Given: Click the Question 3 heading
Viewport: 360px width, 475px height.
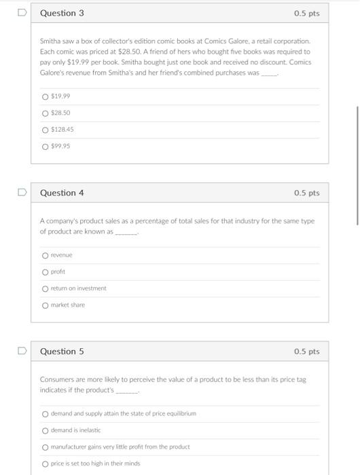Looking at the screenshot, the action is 62,13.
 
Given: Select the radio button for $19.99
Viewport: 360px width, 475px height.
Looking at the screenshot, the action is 46,96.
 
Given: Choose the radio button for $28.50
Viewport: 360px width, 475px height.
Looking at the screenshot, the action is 46,113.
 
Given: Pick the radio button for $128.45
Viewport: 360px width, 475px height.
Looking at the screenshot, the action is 46,130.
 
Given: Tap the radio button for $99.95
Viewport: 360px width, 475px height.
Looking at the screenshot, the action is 46,147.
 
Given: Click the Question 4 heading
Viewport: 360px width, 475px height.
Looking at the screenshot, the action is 62,193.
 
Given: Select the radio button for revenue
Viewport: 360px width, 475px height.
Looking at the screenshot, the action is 46,255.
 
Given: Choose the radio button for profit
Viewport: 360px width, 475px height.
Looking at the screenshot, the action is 46,272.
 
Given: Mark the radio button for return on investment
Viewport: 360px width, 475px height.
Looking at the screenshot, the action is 46,288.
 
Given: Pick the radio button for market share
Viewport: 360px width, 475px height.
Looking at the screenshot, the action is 46,305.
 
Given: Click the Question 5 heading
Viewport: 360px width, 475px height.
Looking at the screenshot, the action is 62,351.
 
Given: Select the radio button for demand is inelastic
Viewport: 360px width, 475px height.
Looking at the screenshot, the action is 46,430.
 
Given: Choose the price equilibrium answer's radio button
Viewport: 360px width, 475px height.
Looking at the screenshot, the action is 46,414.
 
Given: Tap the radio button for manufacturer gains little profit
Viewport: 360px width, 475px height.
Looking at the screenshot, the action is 46,447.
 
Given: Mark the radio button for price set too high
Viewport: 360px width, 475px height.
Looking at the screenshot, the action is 46,463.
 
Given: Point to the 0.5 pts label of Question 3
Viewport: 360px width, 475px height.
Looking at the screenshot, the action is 306,13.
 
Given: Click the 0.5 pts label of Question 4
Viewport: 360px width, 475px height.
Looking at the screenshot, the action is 306,193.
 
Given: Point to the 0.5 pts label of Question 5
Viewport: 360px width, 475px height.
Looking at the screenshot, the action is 306,351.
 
